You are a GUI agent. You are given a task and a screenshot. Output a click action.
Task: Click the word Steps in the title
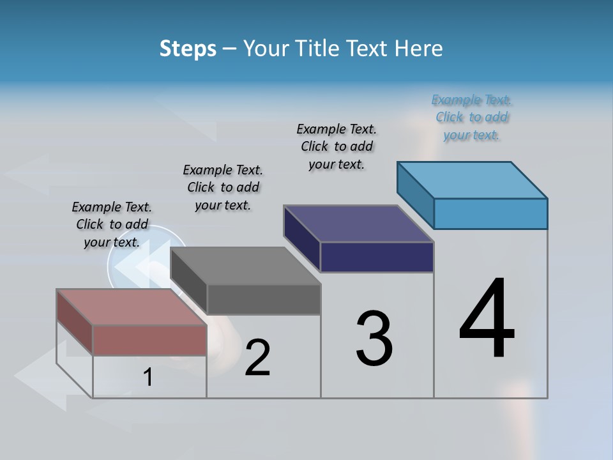[x=188, y=49]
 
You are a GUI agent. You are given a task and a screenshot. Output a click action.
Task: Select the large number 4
[x=487, y=319]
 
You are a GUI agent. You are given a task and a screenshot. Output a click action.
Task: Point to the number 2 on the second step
[x=257, y=358]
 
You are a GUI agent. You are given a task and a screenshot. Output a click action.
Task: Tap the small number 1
[x=148, y=378]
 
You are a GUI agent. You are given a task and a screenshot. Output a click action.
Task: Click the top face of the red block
[x=131, y=307]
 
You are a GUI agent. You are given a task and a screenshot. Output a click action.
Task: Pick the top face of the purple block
[x=358, y=224]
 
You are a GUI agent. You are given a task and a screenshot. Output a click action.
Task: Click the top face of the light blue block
[x=472, y=180]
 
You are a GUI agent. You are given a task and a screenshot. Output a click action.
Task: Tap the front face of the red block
[x=149, y=340]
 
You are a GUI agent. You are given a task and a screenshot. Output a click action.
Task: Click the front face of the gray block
[x=263, y=299]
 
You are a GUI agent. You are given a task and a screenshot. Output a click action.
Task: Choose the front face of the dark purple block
[x=377, y=257]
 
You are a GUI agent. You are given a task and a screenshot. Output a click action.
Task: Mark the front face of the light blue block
[x=490, y=213]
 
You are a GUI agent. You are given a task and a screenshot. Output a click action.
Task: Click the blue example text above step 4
[x=471, y=118]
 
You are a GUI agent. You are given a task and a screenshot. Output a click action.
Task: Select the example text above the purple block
[x=337, y=146]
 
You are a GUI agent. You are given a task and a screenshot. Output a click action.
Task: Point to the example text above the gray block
[x=223, y=187]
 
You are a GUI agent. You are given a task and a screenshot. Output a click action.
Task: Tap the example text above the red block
[x=112, y=224]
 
